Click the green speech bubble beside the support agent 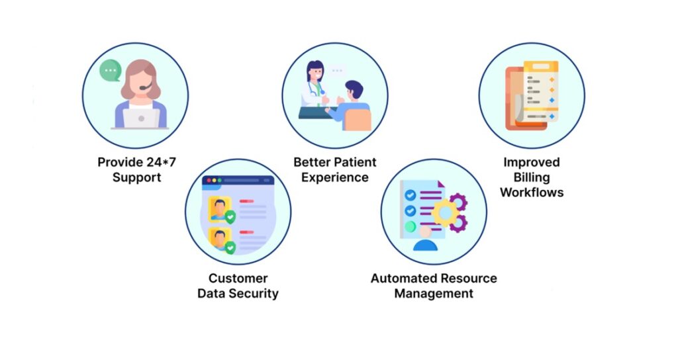[x=109, y=69]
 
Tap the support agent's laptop [x=140, y=118]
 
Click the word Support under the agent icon [x=136, y=177]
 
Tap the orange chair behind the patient [x=358, y=119]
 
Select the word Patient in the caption [x=353, y=162]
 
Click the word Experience [x=335, y=177]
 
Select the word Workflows [x=531, y=193]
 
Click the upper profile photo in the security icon [x=218, y=207]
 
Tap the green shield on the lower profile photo [x=230, y=247]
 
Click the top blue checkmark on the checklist [x=411, y=195]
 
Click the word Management [x=434, y=293]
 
